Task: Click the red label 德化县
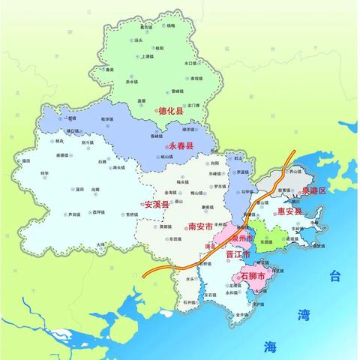[x=174, y=111]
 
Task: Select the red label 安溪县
[x=157, y=205]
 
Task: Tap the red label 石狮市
[x=253, y=277]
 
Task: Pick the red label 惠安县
[x=289, y=211]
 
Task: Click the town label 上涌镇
[x=148, y=57]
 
